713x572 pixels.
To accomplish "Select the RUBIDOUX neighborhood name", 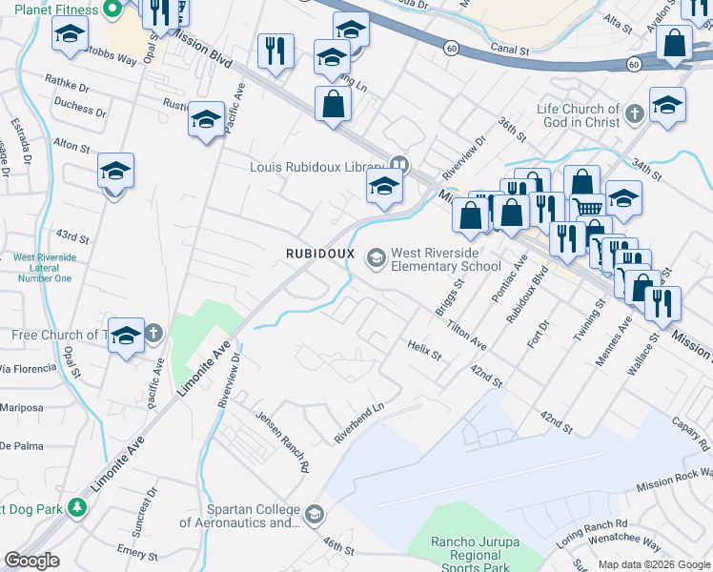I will tap(320, 254).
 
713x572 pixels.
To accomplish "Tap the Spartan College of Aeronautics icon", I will tap(314, 516).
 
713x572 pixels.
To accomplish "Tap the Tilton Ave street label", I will tap(467, 333).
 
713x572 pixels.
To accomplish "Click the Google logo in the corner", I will tap(31, 561).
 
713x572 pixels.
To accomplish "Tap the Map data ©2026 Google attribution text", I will tap(653, 564).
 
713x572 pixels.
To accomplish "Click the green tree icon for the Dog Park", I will tap(77, 508).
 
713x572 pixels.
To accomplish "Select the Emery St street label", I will tap(132, 553).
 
